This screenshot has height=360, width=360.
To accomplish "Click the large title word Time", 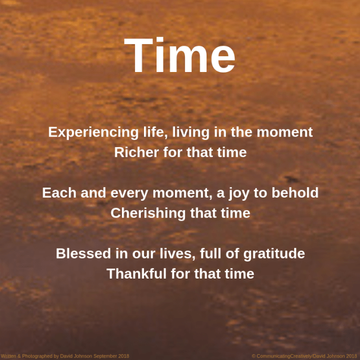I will tap(180, 56).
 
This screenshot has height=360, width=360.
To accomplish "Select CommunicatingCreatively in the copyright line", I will tap(284, 356).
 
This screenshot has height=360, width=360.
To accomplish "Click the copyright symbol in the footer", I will tap(253, 356).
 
